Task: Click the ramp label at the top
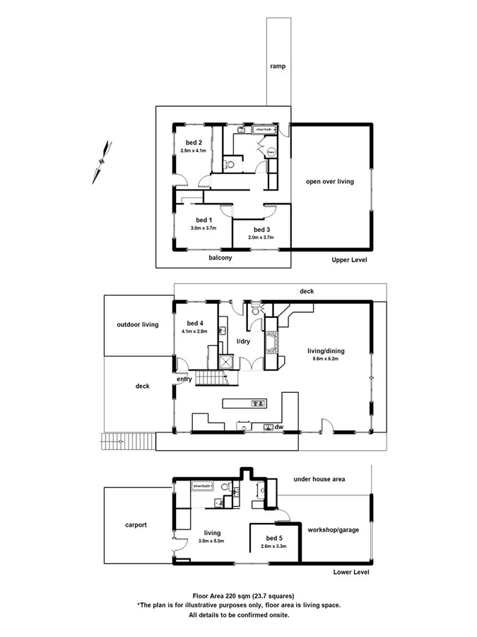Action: pyautogui.click(x=277, y=67)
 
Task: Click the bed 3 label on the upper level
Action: pyautogui.click(x=261, y=229)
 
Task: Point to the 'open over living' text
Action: pyautogui.click(x=329, y=182)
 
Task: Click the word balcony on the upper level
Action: pyautogui.click(x=220, y=258)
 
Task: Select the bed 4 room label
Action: pyautogui.click(x=192, y=323)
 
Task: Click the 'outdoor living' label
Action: pyautogui.click(x=138, y=325)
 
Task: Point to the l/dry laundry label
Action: pyautogui.click(x=243, y=341)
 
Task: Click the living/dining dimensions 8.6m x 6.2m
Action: pyautogui.click(x=324, y=359)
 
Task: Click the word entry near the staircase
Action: pyautogui.click(x=184, y=379)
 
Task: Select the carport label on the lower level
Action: pyautogui.click(x=136, y=524)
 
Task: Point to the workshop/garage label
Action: pyautogui.click(x=332, y=529)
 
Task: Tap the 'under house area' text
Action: pyautogui.click(x=319, y=479)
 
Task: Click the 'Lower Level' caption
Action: pyautogui.click(x=351, y=572)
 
